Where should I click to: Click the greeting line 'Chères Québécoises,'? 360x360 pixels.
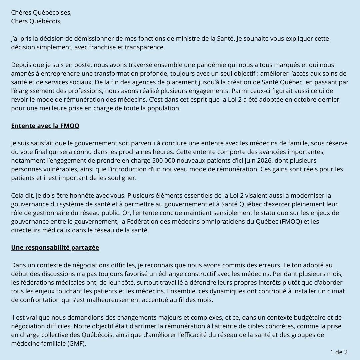click(41, 13)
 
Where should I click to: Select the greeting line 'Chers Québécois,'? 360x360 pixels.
click(36, 21)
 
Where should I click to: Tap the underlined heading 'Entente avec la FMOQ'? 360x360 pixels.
click(45, 126)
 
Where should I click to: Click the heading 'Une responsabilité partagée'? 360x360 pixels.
click(55, 248)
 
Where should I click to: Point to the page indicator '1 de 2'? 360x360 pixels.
click(339, 352)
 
